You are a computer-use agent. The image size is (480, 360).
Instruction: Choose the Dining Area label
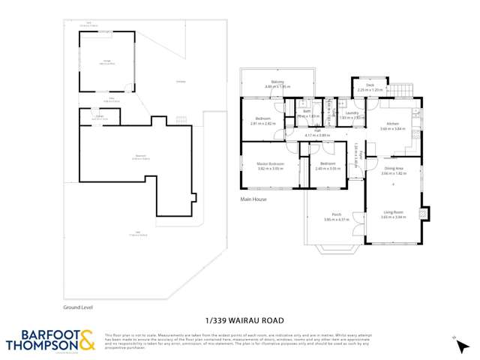pos(393,169)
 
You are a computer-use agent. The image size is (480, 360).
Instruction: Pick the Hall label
pos(317,130)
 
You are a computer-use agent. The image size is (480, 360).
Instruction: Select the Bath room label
pos(307,112)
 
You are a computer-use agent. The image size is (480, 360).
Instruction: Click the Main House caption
pos(254,199)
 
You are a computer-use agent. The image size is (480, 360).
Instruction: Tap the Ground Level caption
pos(77,307)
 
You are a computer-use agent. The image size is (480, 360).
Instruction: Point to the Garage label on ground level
pos(106,61)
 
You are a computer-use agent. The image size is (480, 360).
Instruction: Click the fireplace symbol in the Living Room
pos(423,214)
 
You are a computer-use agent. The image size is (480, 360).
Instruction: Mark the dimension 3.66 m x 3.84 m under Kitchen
pos(392,129)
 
